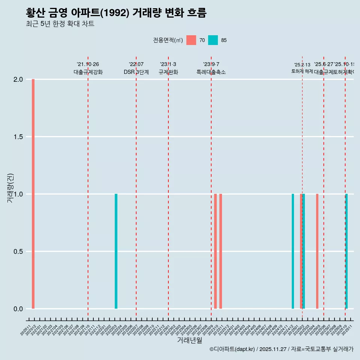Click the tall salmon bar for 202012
pos(33,194)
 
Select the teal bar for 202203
pos(116,251)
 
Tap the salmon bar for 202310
pos(215,251)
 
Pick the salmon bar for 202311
pos(220,251)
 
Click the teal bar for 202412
pos(293,251)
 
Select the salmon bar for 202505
pos(317,251)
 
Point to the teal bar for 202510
pos(346,251)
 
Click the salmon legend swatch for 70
pos(191,40)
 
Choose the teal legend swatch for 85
pos(213,40)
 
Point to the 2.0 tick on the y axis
pos(18,79)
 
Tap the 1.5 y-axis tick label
pos(18,137)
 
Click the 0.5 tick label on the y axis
pos(18,252)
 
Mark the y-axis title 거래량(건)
pos(10,188)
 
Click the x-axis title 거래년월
pos(189,340)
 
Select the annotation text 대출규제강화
pos(88,72)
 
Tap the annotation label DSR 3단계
pos(136,72)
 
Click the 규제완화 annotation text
pos(168,72)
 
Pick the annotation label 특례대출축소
pos(211,72)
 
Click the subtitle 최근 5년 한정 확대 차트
pos(60,24)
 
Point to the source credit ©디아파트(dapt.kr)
pos(232,349)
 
